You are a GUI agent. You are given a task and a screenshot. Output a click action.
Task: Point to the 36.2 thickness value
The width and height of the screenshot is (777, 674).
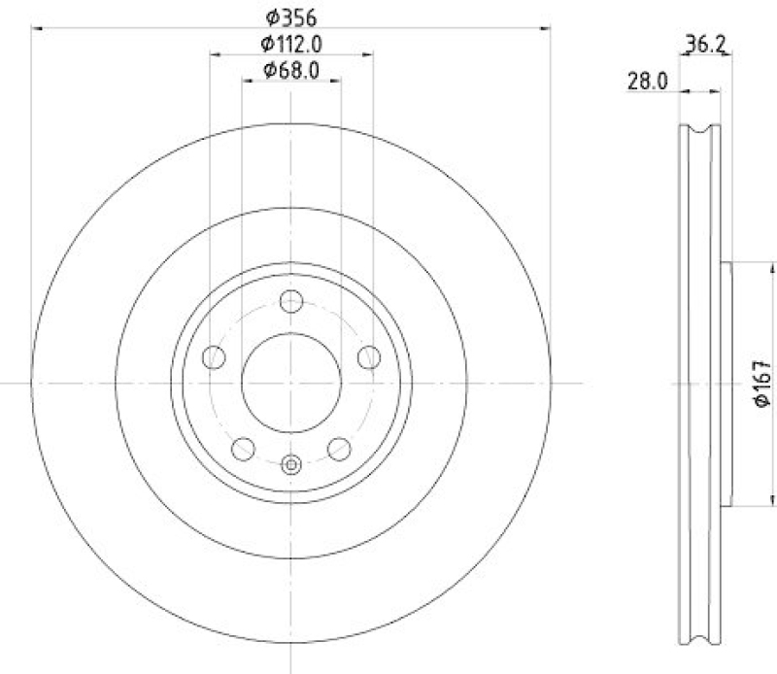tap(707, 43)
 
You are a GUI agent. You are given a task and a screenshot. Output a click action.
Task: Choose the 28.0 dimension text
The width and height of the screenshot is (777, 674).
tap(647, 82)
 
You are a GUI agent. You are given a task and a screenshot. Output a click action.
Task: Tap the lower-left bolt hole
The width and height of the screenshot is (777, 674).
tap(243, 449)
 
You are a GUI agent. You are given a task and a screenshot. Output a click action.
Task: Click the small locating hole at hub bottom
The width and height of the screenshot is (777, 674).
tap(291, 465)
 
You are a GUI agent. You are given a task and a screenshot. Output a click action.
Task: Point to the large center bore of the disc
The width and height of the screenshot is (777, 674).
tap(291, 384)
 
